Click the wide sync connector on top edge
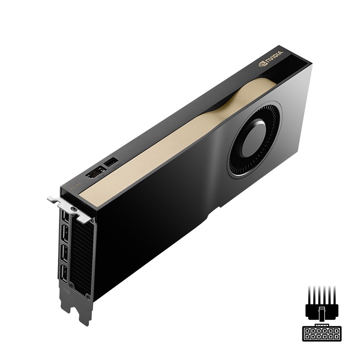click(x=94, y=173)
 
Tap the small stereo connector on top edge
click(x=110, y=162)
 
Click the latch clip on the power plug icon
click(x=320, y=311)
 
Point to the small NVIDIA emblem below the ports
click(x=67, y=292)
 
